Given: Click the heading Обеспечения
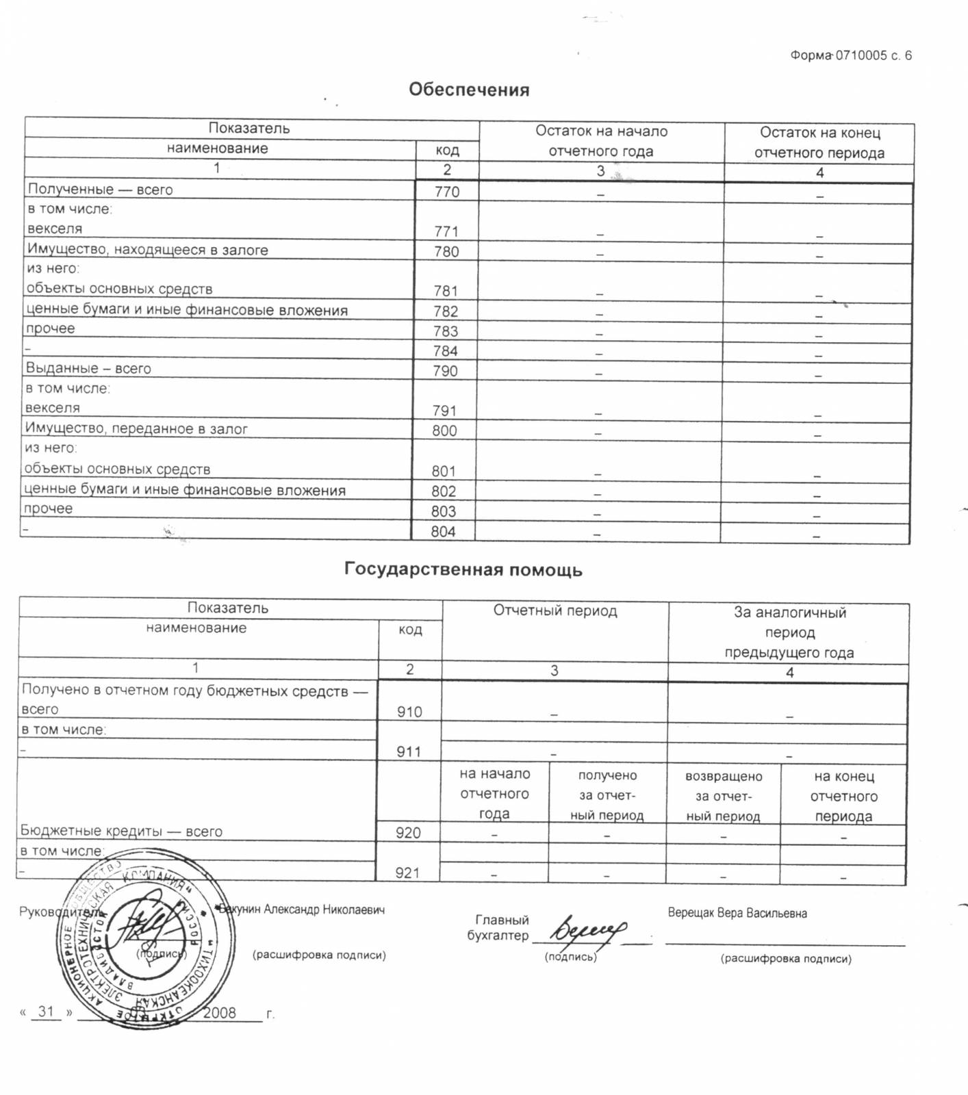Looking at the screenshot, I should click(469, 90).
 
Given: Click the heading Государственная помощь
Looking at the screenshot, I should click(463, 569).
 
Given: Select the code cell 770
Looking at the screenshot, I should click(447, 192).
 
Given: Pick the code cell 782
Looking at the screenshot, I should click(446, 311).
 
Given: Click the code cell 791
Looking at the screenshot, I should click(444, 411).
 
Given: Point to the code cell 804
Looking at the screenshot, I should click(443, 532).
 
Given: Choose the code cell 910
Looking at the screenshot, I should click(409, 712).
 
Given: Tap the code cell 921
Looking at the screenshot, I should click(407, 873).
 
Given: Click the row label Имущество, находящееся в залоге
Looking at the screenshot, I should click(148, 250).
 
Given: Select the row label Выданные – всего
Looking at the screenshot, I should click(88, 368).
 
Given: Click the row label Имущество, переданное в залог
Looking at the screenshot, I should click(136, 429).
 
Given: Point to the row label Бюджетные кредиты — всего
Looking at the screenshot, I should click(121, 831).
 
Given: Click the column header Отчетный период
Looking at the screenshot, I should click(555, 610).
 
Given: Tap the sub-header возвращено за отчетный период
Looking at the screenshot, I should click(723, 796).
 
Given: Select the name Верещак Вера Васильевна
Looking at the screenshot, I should click(737, 913).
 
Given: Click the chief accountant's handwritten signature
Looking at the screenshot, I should click(589, 929).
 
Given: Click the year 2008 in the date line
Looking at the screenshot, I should click(219, 1013).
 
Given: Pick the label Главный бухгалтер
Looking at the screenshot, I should click(500, 928).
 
